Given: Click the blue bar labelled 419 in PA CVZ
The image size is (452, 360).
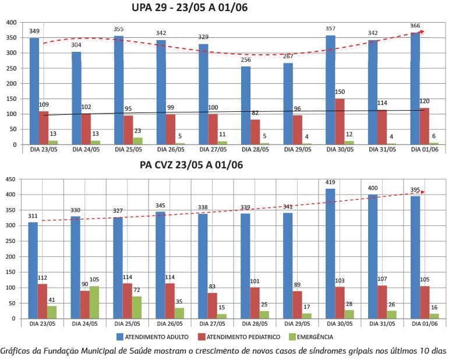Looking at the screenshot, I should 330,253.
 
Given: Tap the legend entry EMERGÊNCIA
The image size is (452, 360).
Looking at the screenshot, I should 315,336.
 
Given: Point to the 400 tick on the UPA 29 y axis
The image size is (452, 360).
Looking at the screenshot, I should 11,23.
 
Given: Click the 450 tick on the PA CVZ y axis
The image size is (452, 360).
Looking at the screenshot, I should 11,179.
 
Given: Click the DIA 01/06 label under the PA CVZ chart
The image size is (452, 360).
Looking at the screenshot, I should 424,323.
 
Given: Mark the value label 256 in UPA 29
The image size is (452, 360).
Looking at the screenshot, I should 246,60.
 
